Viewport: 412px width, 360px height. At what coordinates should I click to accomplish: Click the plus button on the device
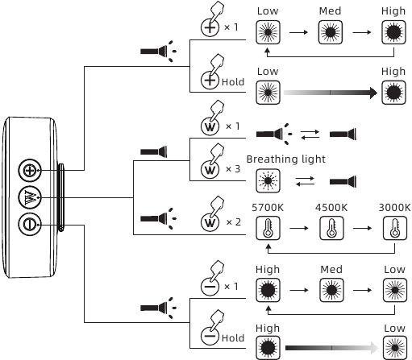tap(30, 170)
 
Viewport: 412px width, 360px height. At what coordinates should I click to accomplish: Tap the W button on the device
tap(30, 197)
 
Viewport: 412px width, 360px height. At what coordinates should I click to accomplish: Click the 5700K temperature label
tap(268, 208)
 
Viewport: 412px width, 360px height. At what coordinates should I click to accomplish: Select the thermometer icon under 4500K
tap(331, 228)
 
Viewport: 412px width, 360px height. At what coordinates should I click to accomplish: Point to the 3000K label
tap(394, 208)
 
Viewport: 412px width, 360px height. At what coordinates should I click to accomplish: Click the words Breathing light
tap(286, 159)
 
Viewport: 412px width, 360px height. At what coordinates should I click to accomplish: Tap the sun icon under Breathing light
tap(268, 180)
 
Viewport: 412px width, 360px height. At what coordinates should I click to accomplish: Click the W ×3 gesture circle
tap(210, 169)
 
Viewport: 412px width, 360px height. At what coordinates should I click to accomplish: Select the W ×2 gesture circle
tap(210, 222)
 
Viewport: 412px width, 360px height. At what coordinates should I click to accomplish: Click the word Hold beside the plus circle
tap(233, 82)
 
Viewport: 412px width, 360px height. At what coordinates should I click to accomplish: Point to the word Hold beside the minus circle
tap(233, 338)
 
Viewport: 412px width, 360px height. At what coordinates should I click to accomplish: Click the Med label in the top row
tap(330, 11)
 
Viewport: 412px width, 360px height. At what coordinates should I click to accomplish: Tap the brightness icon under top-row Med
tap(331, 32)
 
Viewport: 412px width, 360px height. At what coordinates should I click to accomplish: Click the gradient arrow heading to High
tap(331, 93)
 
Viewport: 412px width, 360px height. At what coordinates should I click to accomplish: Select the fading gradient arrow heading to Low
tap(332, 348)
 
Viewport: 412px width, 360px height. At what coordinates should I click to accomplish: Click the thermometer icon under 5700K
tap(268, 228)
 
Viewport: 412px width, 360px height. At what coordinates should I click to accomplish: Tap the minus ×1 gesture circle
tap(210, 287)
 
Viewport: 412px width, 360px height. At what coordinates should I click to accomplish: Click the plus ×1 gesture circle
tap(210, 27)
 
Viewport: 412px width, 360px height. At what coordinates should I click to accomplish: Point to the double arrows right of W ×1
tap(310, 134)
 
